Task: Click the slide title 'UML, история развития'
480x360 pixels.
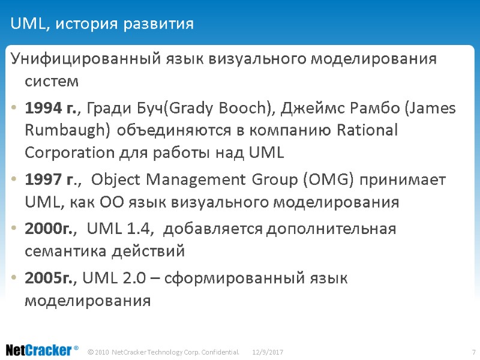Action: click(102, 24)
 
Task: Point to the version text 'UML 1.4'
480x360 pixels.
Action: click(122, 229)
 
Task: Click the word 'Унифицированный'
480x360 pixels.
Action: click(85, 59)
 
